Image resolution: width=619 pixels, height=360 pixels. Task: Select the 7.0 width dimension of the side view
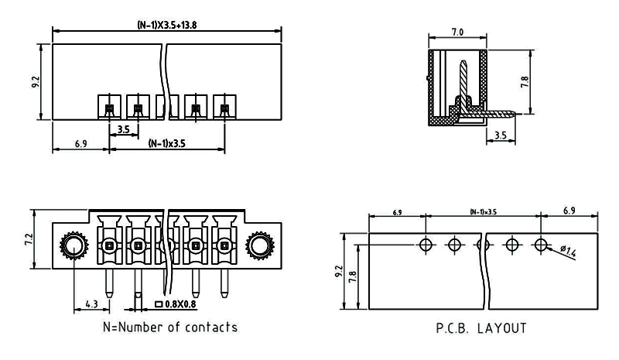click(x=457, y=33)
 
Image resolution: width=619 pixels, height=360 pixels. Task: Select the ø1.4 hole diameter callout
click(x=569, y=250)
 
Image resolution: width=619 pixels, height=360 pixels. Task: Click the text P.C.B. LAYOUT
click(x=481, y=328)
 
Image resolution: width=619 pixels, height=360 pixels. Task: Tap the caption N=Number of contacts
click(x=170, y=327)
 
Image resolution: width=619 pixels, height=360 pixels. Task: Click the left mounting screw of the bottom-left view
click(x=73, y=246)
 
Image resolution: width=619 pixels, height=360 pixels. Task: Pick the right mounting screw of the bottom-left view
click(x=260, y=246)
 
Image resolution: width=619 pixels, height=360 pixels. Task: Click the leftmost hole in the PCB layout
click(x=426, y=245)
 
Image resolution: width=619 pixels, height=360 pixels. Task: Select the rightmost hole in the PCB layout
click(x=540, y=245)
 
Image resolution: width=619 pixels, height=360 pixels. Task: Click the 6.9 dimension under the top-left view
click(x=80, y=144)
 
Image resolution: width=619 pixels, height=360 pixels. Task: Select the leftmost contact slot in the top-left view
click(x=109, y=108)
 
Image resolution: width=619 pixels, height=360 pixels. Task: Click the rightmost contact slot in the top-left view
click(x=224, y=108)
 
